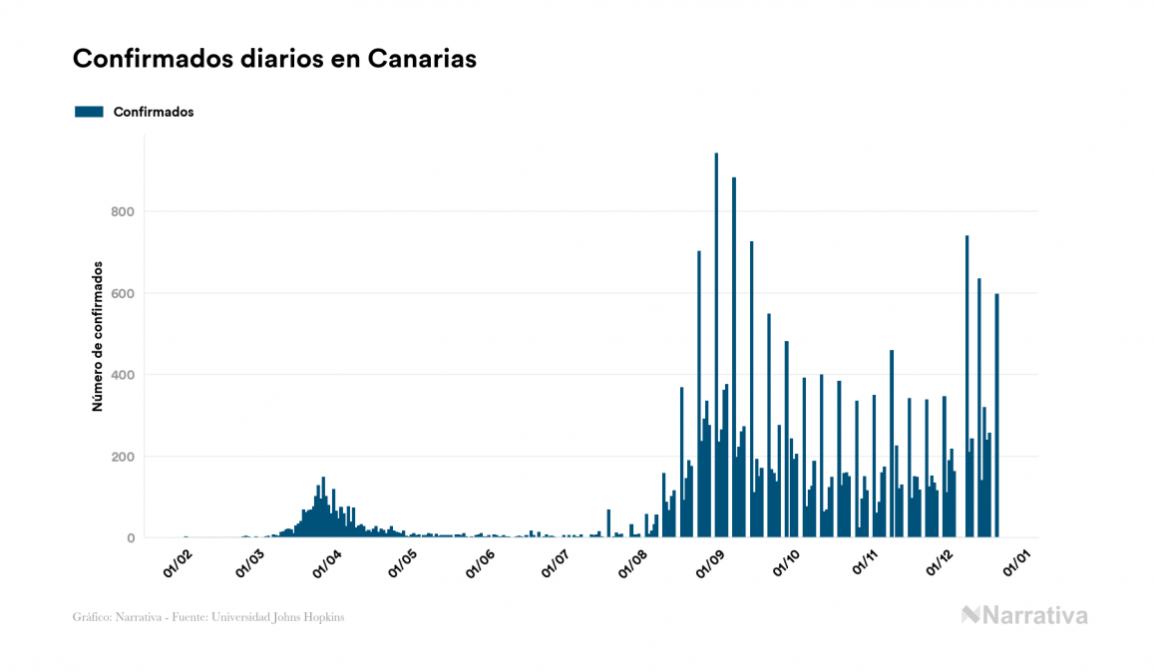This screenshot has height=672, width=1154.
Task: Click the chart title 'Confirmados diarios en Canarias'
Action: click(x=274, y=59)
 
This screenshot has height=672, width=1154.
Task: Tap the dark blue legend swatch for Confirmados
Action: click(x=89, y=112)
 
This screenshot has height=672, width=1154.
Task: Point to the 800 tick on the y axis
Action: click(x=123, y=211)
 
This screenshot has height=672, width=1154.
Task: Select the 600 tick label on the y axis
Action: click(x=123, y=293)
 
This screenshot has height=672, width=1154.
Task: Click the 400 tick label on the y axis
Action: click(x=123, y=375)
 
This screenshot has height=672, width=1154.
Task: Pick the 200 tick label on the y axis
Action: click(x=123, y=457)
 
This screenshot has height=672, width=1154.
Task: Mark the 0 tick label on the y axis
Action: click(x=130, y=538)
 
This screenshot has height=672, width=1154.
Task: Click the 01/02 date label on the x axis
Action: click(x=178, y=563)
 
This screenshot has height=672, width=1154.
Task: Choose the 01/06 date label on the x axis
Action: click(x=481, y=563)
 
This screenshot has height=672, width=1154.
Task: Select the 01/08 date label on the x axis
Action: click(x=633, y=563)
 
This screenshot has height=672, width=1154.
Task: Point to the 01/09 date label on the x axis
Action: click(x=710, y=563)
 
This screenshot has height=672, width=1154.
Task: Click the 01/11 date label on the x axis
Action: click(x=865, y=563)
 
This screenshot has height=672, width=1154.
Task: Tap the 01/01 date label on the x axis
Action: click(x=1017, y=563)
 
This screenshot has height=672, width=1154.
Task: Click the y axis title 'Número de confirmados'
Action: click(x=98, y=337)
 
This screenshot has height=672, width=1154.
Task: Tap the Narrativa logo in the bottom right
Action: click(x=1024, y=615)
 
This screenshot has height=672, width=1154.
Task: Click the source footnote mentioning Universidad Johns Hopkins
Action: click(x=208, y=617)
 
